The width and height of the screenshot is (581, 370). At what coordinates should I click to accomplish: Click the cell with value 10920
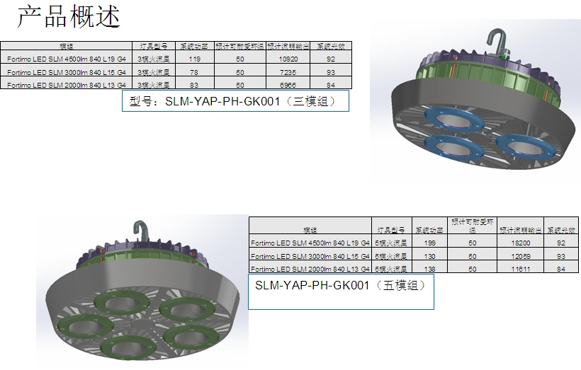(x=293, y=59)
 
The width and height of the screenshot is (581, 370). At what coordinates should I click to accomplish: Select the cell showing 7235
(x=293, y=72)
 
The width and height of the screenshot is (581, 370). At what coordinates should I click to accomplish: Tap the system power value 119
(x=195, y=59)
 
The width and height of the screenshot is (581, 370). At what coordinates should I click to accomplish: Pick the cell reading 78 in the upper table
(x=195, y=72)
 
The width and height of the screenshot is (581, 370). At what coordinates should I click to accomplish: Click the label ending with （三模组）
(x=236, y=101)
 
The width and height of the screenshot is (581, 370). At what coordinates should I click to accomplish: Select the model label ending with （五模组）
(x=340, y=286)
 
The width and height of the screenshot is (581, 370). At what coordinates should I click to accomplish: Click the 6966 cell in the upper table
(x=293, y=85)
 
